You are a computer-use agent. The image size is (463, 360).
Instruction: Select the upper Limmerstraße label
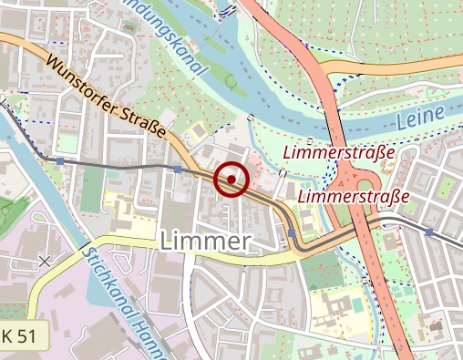(x=338, y=152)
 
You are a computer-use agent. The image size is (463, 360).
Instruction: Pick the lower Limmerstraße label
(x=354, y=195)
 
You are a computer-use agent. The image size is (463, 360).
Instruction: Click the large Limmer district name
(x=205, y=241)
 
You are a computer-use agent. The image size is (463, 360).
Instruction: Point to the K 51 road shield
(x=21, y=336)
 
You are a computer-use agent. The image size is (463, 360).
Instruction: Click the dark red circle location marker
(x=231, y=179)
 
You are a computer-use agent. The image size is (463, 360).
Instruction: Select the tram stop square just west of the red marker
(x=178, y=169)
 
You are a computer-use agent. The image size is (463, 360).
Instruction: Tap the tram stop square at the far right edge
(x=429, y=232)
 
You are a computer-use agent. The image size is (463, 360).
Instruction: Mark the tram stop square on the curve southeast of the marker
(x=291, y=233)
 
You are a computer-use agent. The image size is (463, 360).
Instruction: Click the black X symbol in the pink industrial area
(x=45, y=262)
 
